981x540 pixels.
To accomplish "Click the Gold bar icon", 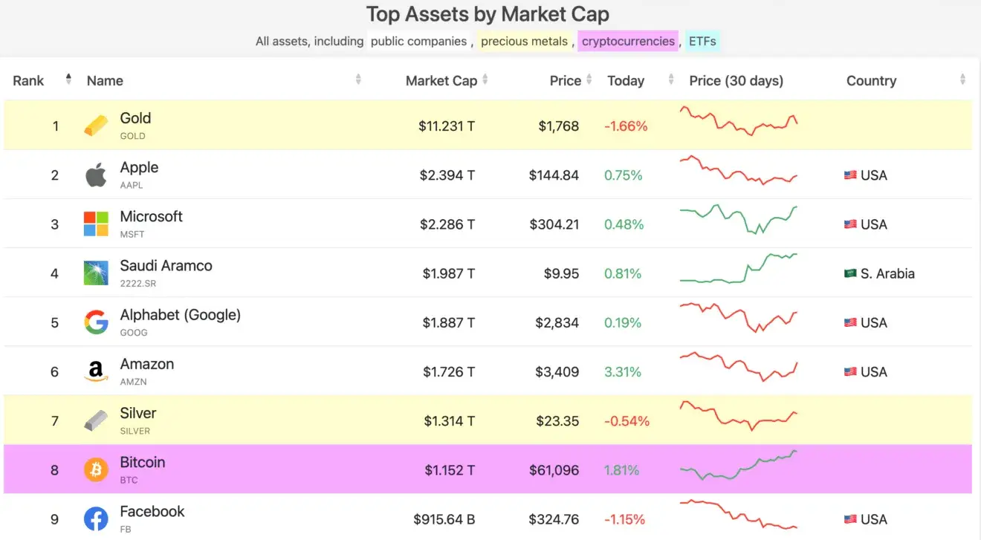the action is (96, 126).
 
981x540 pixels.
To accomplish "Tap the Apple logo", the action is (96, 175).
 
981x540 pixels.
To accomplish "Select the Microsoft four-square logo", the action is (96, 224).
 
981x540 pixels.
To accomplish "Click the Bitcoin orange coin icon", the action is (96, 469).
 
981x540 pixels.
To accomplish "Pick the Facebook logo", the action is (96, 518).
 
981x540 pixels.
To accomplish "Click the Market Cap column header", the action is (441, 80).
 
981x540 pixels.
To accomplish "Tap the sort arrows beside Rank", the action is (68, 79).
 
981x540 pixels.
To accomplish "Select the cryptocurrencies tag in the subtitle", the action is (628, 41).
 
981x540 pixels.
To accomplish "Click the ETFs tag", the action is (702, 41).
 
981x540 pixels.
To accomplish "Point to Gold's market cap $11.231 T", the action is (446, 126).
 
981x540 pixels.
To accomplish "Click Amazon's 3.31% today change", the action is (622, 371).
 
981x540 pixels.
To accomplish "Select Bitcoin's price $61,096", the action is (554, 470).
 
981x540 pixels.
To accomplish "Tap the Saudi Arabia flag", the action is (850, 273).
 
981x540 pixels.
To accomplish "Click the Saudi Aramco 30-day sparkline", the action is (739, 268).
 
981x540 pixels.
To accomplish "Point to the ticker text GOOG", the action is (134, 333).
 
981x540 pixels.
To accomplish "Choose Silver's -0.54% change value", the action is (627, 421).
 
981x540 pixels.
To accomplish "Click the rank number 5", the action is (54, 322).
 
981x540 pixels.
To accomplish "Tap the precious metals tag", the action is (524, 41).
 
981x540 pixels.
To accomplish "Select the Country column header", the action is (871, 80).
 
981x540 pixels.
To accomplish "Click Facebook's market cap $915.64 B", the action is (444, 519).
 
